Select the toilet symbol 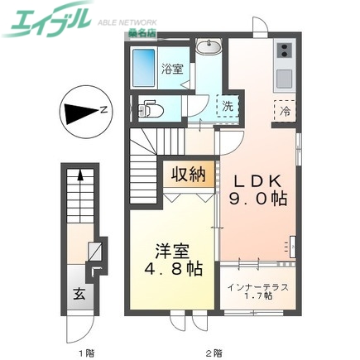pyautogui.click(x=149, y=108)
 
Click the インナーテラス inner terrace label pyautogui.click(x=257, y=286)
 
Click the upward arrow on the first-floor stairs pyautogui.click(x=79, y=175)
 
